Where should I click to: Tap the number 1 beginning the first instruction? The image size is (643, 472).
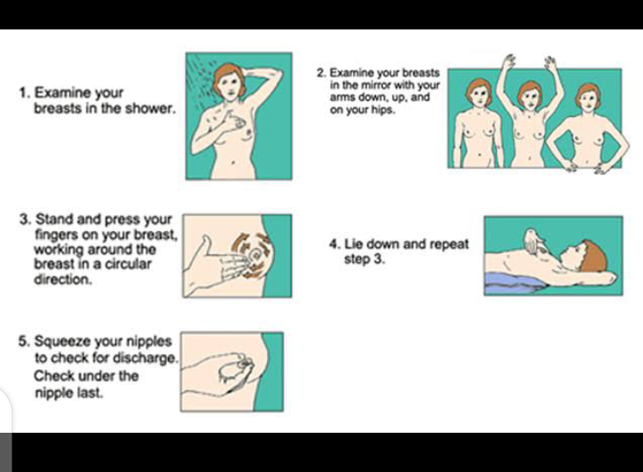[23, 93]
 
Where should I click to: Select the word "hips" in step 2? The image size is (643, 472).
[385, 111]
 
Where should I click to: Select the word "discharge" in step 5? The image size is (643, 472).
[146, 358]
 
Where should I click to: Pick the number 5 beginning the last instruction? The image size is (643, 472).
[22, 341]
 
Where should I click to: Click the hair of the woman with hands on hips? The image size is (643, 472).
[588, 93]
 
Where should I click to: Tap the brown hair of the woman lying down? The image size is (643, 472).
[595, 256]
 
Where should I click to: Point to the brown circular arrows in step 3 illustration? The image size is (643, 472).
[252, 255]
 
